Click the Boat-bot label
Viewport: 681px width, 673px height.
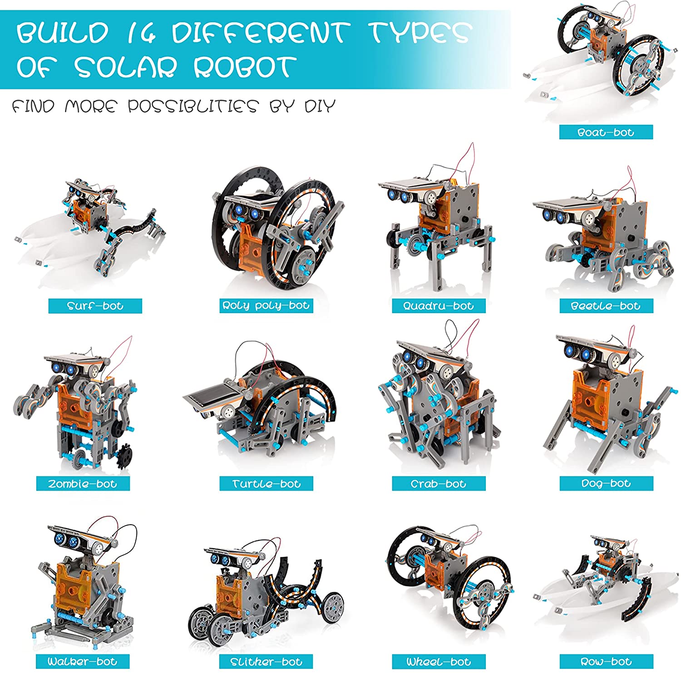click(606, 132)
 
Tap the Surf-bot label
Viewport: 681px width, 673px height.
click(95, 306)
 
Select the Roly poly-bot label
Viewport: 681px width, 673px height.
click(266, 305)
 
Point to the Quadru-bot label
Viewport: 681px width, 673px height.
click(439, 306)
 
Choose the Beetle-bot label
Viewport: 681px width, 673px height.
click(606, 306)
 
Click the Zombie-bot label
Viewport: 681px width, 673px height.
click(83, 484)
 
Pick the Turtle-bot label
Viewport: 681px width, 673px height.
click(266, 484)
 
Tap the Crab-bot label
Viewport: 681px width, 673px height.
click(439, 484)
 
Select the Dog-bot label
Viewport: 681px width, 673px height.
click(606, 483)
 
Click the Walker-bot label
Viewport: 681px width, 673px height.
click(83, 661)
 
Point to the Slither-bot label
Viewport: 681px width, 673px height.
click(266, 662)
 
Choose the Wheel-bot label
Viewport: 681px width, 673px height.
click(439, 662)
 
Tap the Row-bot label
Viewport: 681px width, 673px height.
click(606, 661)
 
